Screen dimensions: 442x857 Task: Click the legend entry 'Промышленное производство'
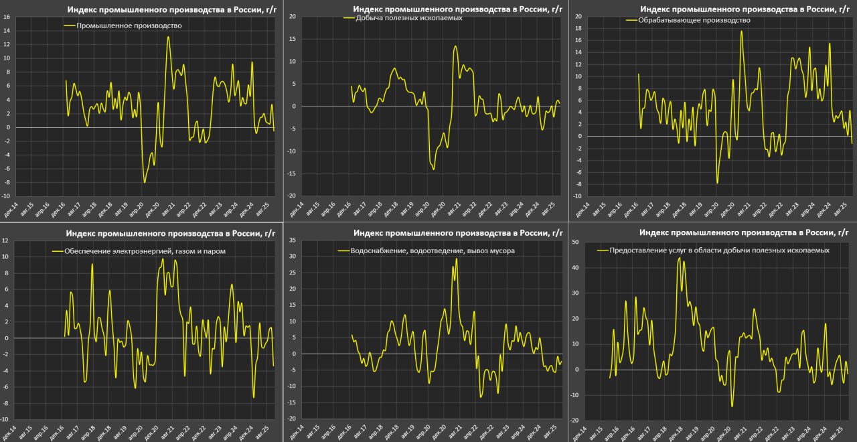point(129,25)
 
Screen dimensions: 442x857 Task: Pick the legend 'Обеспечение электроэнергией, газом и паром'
point(145,252)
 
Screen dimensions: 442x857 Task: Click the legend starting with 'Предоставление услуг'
point(719,250)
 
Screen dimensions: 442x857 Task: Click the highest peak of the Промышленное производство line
point(168,37)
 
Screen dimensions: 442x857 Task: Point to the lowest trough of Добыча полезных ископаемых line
point(433,169)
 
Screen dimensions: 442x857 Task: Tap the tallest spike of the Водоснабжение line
point(457,259)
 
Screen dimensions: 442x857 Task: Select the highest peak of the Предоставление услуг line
point(679,258)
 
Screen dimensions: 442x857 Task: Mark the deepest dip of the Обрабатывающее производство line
point(717,183)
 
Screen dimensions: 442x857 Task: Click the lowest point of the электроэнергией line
point(254,398)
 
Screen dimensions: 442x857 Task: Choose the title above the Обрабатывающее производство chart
point(743,9)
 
